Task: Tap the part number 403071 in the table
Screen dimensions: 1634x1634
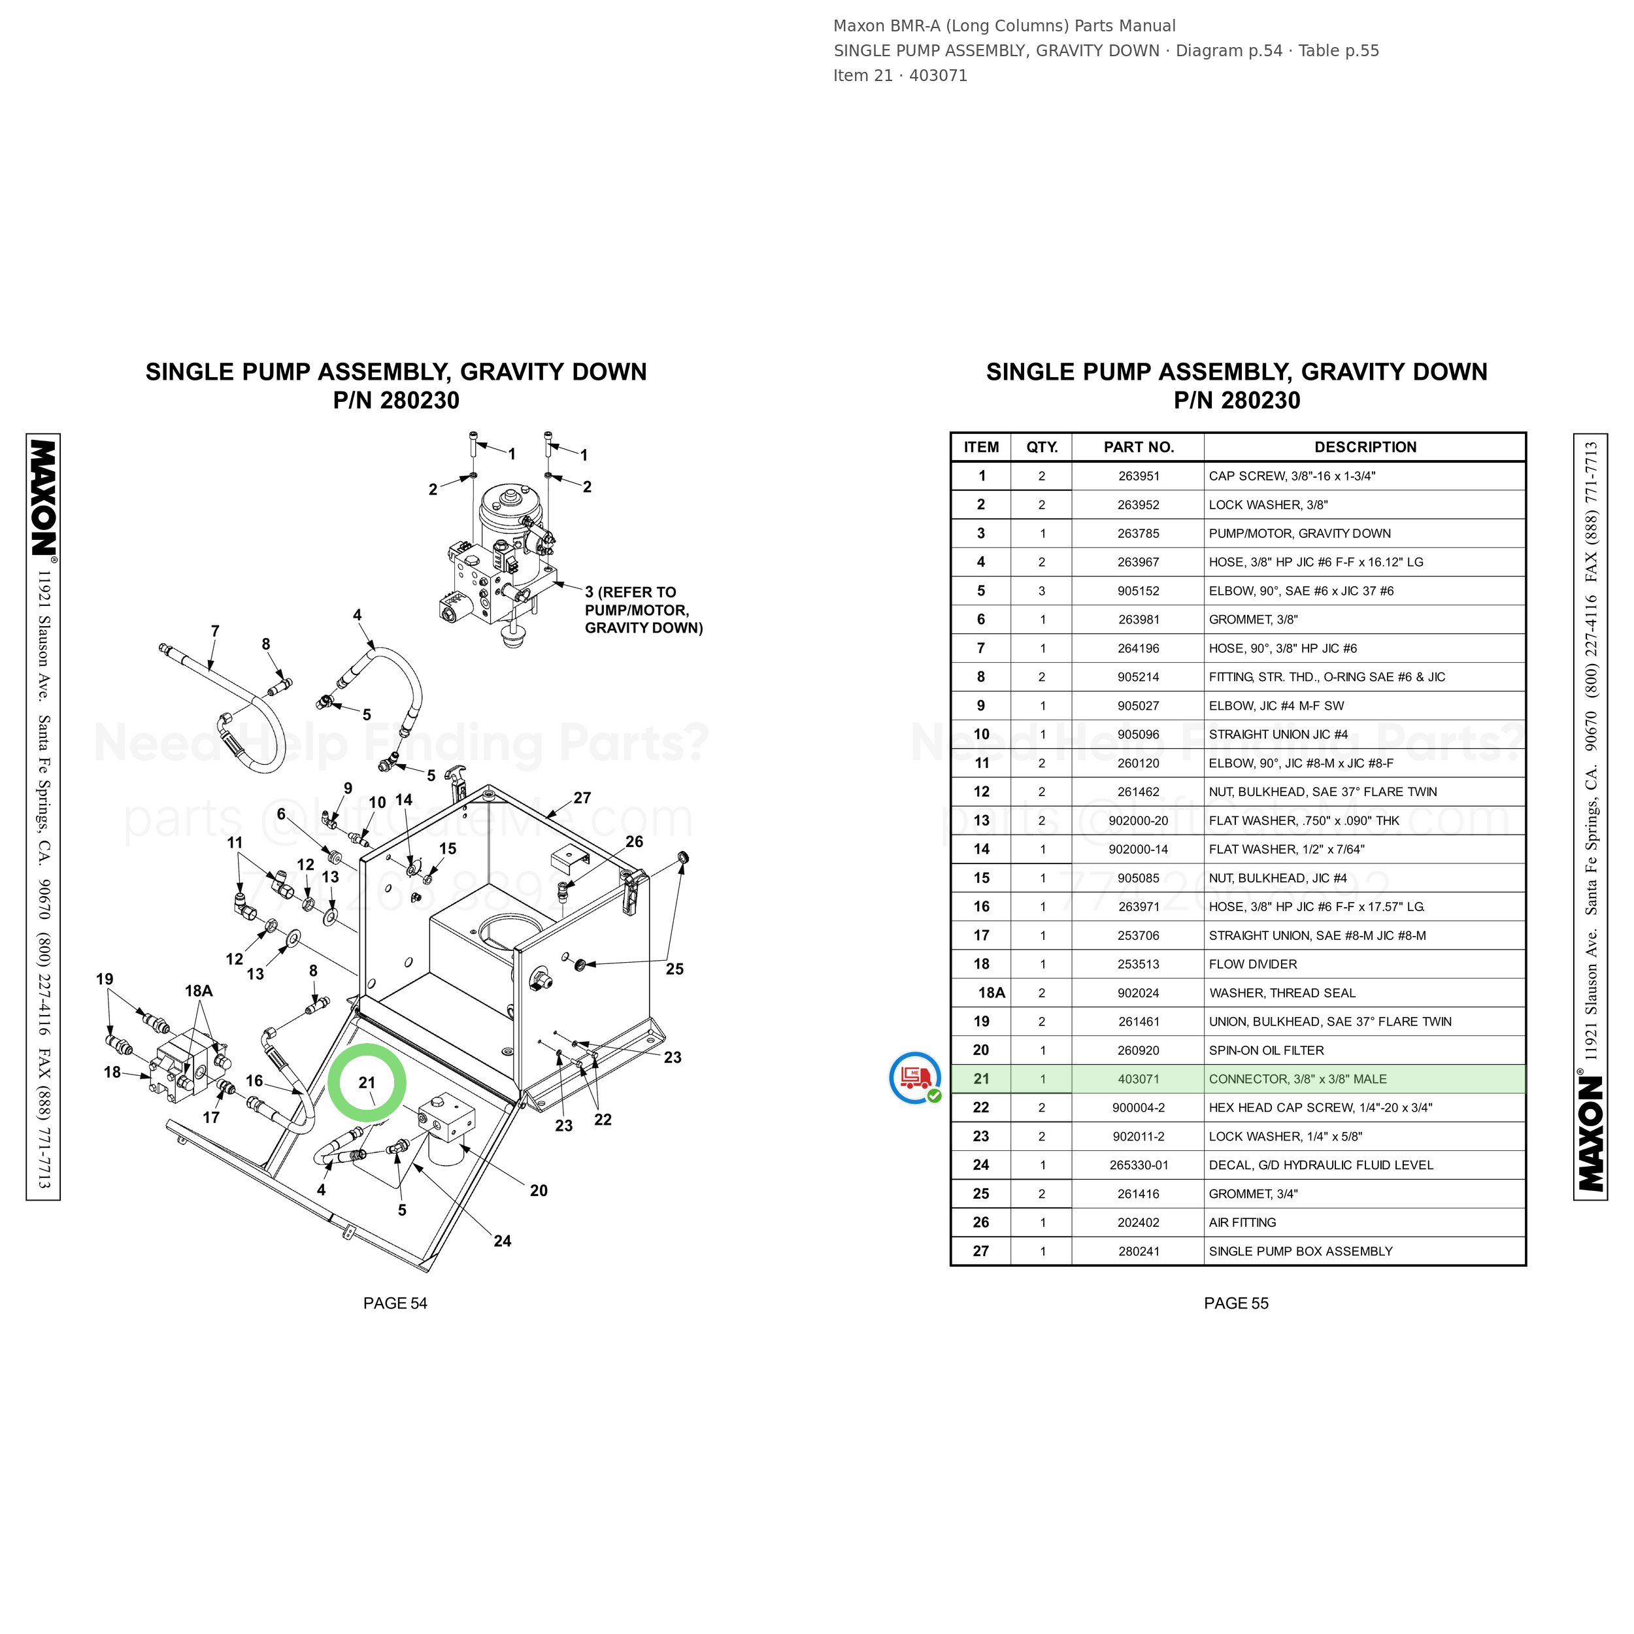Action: (x=1139, y=1079)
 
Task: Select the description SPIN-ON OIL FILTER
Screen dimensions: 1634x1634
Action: (x=1266, y=1050)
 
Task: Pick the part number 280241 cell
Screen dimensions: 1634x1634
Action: (x=1139, y=1252)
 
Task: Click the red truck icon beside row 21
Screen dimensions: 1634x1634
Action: (x=915, y=1078)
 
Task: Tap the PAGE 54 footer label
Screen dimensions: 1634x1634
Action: (x=395, y=1303)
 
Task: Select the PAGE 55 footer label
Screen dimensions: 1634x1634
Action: (x=1236, y=1303)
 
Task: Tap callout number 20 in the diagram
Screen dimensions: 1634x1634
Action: (x=539, y=1191)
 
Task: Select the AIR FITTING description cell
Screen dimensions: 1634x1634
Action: (x=1242, y=1223)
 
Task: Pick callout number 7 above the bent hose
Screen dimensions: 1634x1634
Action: (x=215, y=631)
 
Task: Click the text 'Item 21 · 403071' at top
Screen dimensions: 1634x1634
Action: (x=900, y=75)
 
